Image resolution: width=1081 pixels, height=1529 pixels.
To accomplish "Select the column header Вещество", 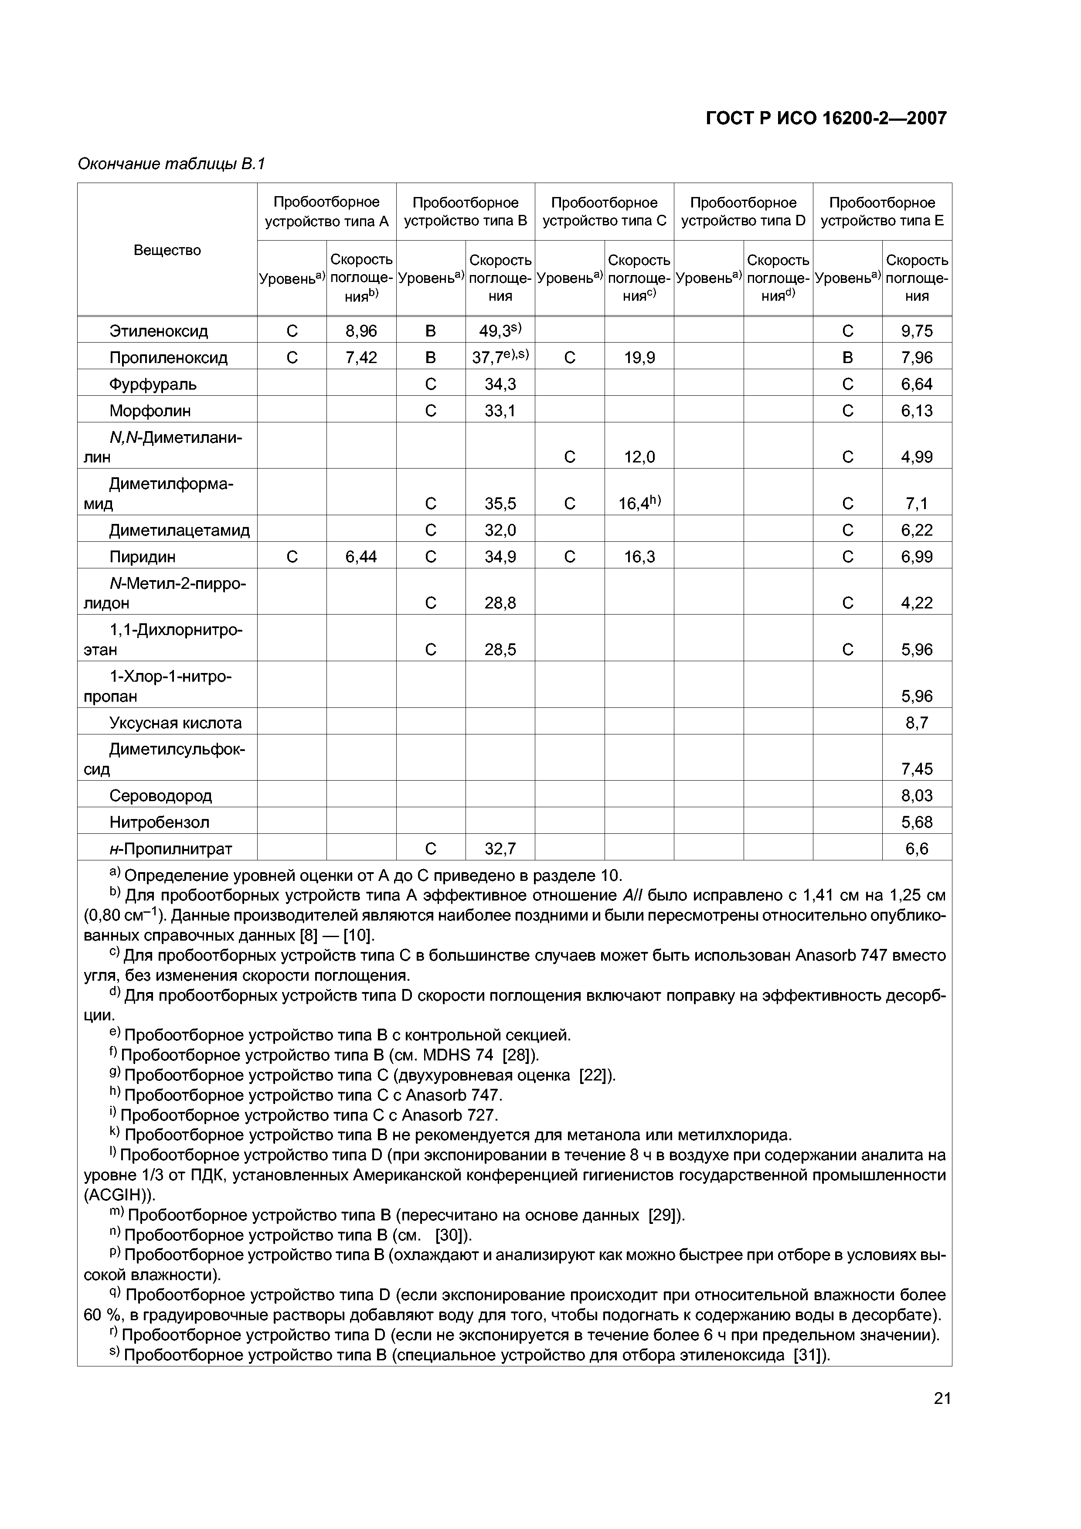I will pyautogui.click(x=167, y=250).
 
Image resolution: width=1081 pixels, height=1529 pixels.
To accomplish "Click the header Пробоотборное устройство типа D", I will pyautogui.click(x=743, y=211).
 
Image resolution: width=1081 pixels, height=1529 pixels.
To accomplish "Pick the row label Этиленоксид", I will pyautogui.click(x=159, y=331).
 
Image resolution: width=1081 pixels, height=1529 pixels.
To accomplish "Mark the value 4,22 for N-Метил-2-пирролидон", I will pyautogui.click(x=917, y=603).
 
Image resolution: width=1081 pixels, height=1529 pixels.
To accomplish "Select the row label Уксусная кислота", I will pyautogui.click(x=175, y=723).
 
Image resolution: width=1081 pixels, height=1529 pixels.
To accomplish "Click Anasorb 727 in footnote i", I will pyautogui.click(x=449, y=1115).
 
